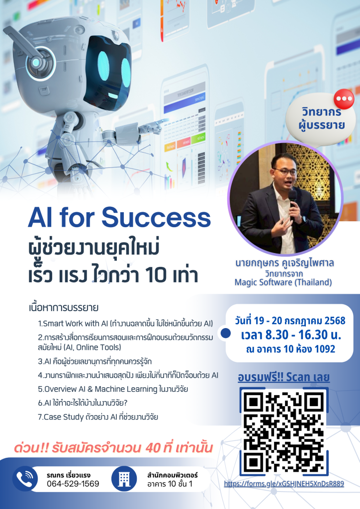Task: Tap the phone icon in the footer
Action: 25,479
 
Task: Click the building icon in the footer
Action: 124,479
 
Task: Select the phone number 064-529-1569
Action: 73,484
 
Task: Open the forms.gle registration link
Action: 284,484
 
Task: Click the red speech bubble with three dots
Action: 344,99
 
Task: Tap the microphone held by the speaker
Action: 293,202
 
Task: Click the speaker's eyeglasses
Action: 285,171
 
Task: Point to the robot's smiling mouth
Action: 113,96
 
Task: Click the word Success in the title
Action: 156,218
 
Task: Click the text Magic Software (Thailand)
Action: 283,282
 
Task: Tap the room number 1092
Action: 325,349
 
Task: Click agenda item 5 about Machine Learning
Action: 113,389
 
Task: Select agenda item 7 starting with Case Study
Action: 98,417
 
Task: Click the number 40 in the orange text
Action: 153,448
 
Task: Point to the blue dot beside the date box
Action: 225,333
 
